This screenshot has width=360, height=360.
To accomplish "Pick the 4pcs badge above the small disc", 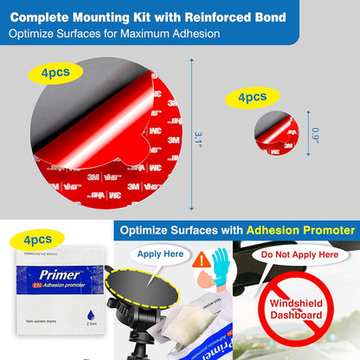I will coord(252,97).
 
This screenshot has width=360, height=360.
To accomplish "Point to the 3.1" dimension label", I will coord(198,138).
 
